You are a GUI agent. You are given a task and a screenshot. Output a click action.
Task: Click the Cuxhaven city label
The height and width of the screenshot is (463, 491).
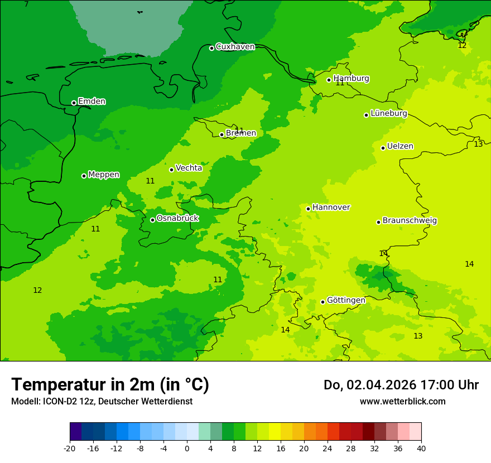[x=235, y=47]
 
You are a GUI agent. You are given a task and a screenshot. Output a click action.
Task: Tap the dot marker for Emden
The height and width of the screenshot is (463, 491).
[x=74, y=103]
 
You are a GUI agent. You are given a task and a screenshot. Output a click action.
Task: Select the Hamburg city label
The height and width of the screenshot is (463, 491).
[x=351, y=79]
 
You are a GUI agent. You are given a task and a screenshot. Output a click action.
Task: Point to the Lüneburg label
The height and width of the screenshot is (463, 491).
[x=388, y=114]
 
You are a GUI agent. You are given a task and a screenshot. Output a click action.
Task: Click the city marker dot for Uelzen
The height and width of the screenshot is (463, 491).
[x=383, y=148]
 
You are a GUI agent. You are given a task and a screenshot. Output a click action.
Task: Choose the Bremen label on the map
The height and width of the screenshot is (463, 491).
[x=240, y=133]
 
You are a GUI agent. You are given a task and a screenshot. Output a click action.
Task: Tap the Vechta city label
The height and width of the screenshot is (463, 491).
[x=189, y=168]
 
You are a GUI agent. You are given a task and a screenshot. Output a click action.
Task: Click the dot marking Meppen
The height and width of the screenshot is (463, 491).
[x=84, y=176]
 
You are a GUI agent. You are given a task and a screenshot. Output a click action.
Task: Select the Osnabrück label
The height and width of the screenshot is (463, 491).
[x=177, y=219]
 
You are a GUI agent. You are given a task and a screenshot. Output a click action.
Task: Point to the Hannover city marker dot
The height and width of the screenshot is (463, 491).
[x=308, y=209]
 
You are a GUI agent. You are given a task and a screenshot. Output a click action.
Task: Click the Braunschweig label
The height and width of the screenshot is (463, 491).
[x=410, y=221]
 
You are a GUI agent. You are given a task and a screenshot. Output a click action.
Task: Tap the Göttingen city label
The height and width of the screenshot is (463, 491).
[x=346, y=301]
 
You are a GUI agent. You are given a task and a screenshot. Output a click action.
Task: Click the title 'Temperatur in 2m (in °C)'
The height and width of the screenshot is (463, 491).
[x=110, y=385]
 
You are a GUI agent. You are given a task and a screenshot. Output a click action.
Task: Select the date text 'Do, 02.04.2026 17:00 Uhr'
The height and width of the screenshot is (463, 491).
[x=401, y=385]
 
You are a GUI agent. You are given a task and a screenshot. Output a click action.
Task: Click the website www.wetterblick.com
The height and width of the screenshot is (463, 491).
[x=402, y=401]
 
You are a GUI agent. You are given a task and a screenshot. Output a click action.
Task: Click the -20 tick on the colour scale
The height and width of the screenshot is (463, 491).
[x=70, y=448]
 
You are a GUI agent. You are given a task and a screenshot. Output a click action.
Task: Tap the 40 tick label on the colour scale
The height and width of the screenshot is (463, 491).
[x=421, y=448]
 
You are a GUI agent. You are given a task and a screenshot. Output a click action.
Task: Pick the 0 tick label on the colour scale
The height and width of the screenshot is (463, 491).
[x=187, y=448]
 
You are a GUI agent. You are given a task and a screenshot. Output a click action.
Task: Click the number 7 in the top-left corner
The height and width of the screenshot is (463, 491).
[x=26, y=4]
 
